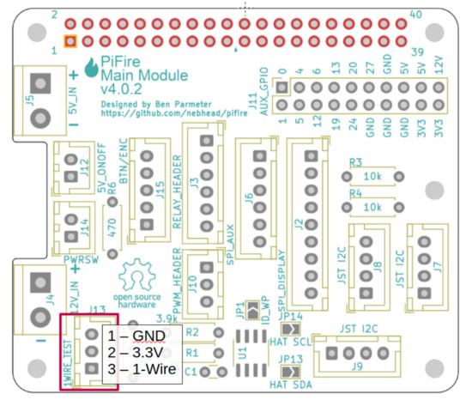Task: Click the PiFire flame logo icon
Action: [x=94, y=66]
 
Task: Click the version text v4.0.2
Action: [x=123, y=88]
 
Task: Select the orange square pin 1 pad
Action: [x=70, y=41]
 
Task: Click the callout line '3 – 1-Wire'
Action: [x=142, y=369]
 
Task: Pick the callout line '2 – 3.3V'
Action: [x=137, y=352]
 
